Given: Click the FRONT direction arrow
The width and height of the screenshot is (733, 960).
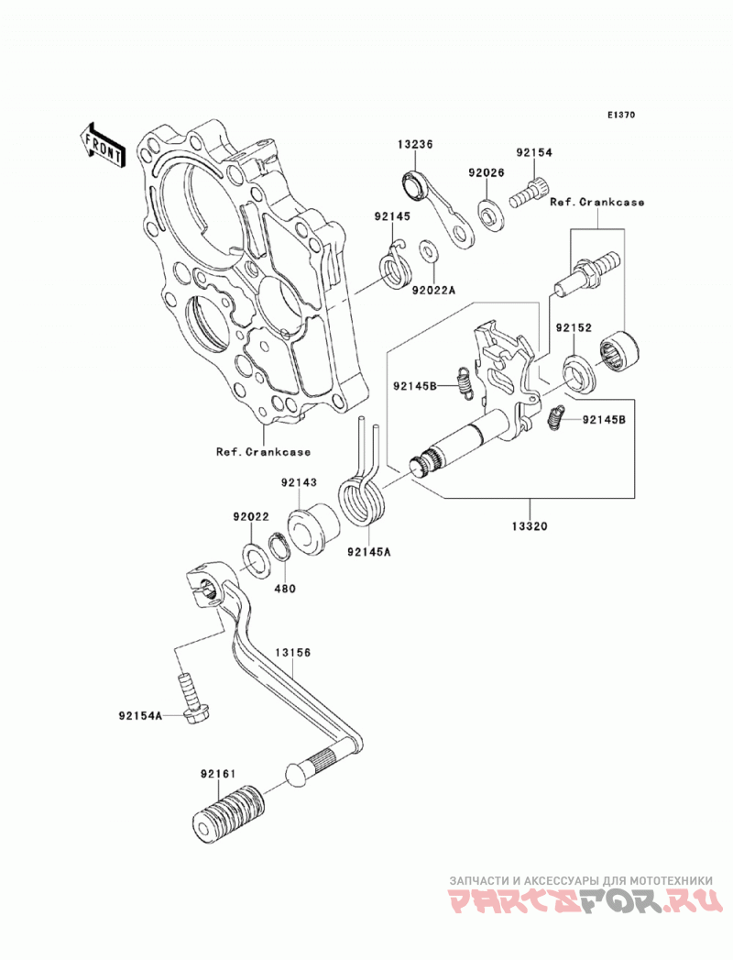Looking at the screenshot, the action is tap(103, 145).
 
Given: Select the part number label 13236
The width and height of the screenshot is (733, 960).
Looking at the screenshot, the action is tap(415, 145).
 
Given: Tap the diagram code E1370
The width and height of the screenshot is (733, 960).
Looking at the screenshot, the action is tap(621, 115).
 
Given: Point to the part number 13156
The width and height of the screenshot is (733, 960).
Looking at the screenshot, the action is tap(292, 653).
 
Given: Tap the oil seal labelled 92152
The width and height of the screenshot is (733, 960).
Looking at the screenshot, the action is tap(577, 374).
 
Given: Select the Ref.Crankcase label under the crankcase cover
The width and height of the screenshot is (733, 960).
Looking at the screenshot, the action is tap(263, 452).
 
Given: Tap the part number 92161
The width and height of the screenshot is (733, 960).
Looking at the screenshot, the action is tap(218, 773).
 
